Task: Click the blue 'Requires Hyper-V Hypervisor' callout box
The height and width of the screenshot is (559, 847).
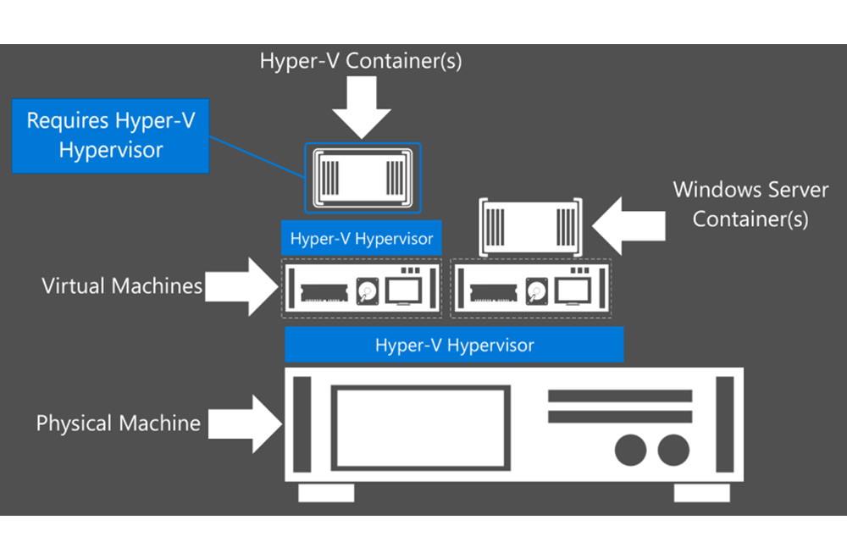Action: point(110,136)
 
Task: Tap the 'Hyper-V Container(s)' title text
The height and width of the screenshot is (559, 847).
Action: point(361,62)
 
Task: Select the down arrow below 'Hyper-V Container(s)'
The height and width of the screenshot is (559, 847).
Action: point(361,108)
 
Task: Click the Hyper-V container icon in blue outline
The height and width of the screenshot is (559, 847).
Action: point(362,177)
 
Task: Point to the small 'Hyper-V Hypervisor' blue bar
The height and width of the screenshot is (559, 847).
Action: point(362,239)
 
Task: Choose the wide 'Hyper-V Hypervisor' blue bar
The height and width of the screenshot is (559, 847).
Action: point(454,345)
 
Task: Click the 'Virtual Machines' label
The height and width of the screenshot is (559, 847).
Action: point(122,285)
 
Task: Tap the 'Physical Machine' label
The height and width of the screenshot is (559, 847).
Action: point(118,423)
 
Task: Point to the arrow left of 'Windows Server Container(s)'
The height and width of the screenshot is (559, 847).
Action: point(626,225)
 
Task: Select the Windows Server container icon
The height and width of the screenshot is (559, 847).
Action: point(530,225)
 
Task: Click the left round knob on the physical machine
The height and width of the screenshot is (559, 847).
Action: point(630,449)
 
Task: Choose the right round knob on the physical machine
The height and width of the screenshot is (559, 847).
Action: point(674,449)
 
